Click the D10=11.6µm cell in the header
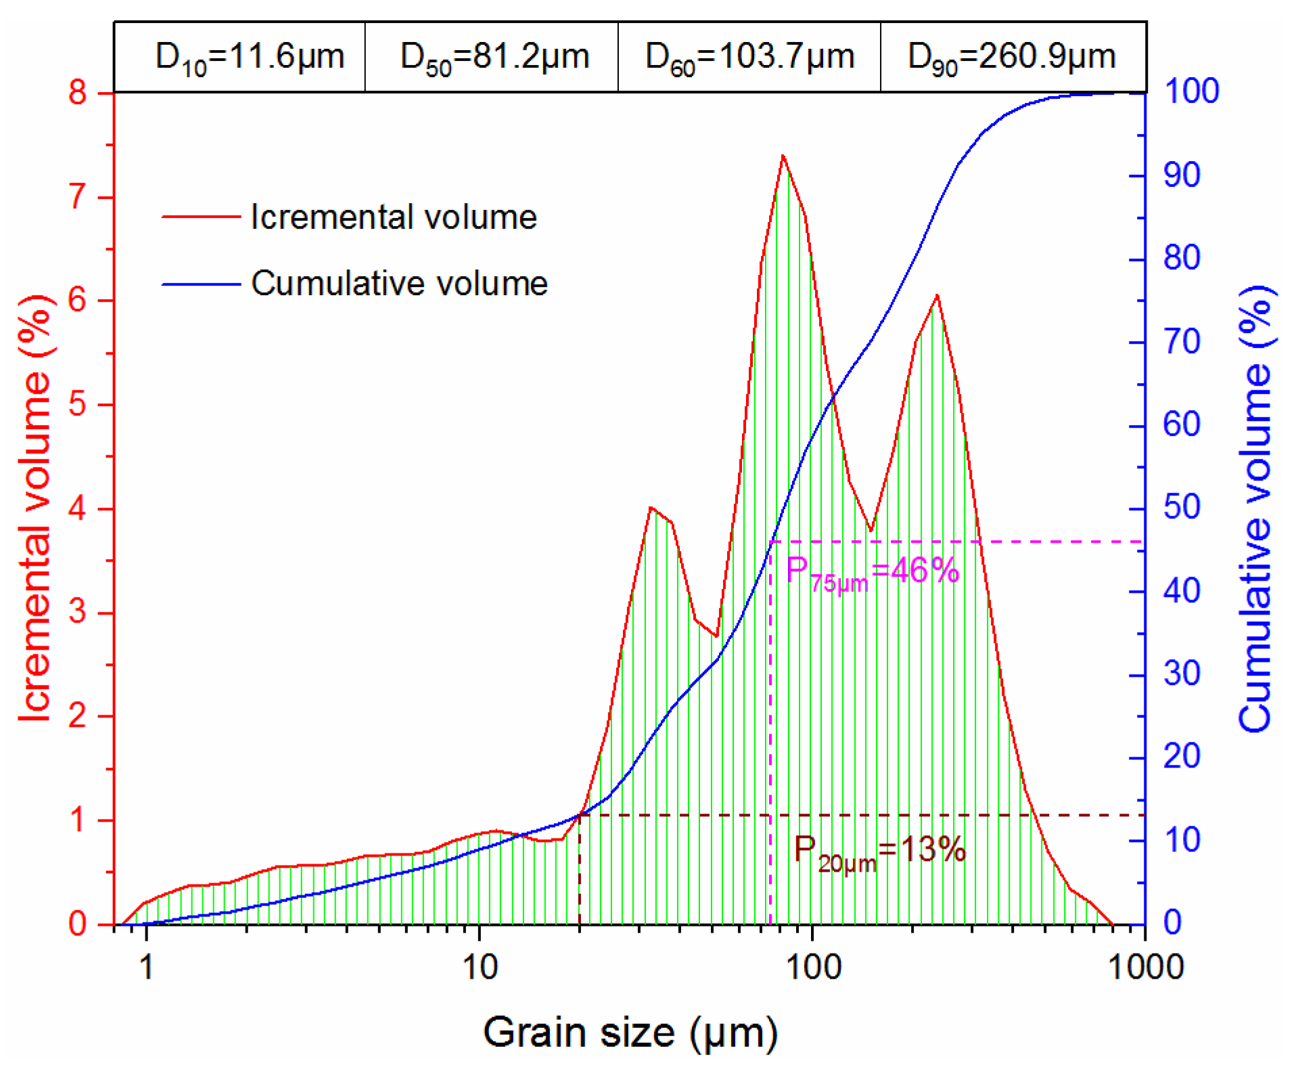coord(249,57)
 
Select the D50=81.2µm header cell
coord(494,57)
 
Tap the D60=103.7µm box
coord(749,57)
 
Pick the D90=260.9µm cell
coord(1012,57)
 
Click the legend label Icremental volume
coord(393,217)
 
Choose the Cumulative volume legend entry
coord(399,284)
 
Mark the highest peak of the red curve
coord(783,156)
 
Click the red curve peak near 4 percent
coord(651,508)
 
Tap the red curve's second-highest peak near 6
coord(937,296)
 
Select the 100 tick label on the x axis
coord(813,967)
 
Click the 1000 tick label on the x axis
coord(1145,967)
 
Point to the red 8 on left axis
coord(78,92)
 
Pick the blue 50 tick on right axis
coord(1181,507)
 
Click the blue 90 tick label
coord(1181,175)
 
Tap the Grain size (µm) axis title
coord(630,1033)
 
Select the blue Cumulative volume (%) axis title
coord(1255,508)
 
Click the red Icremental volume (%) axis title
coord(35,508)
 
